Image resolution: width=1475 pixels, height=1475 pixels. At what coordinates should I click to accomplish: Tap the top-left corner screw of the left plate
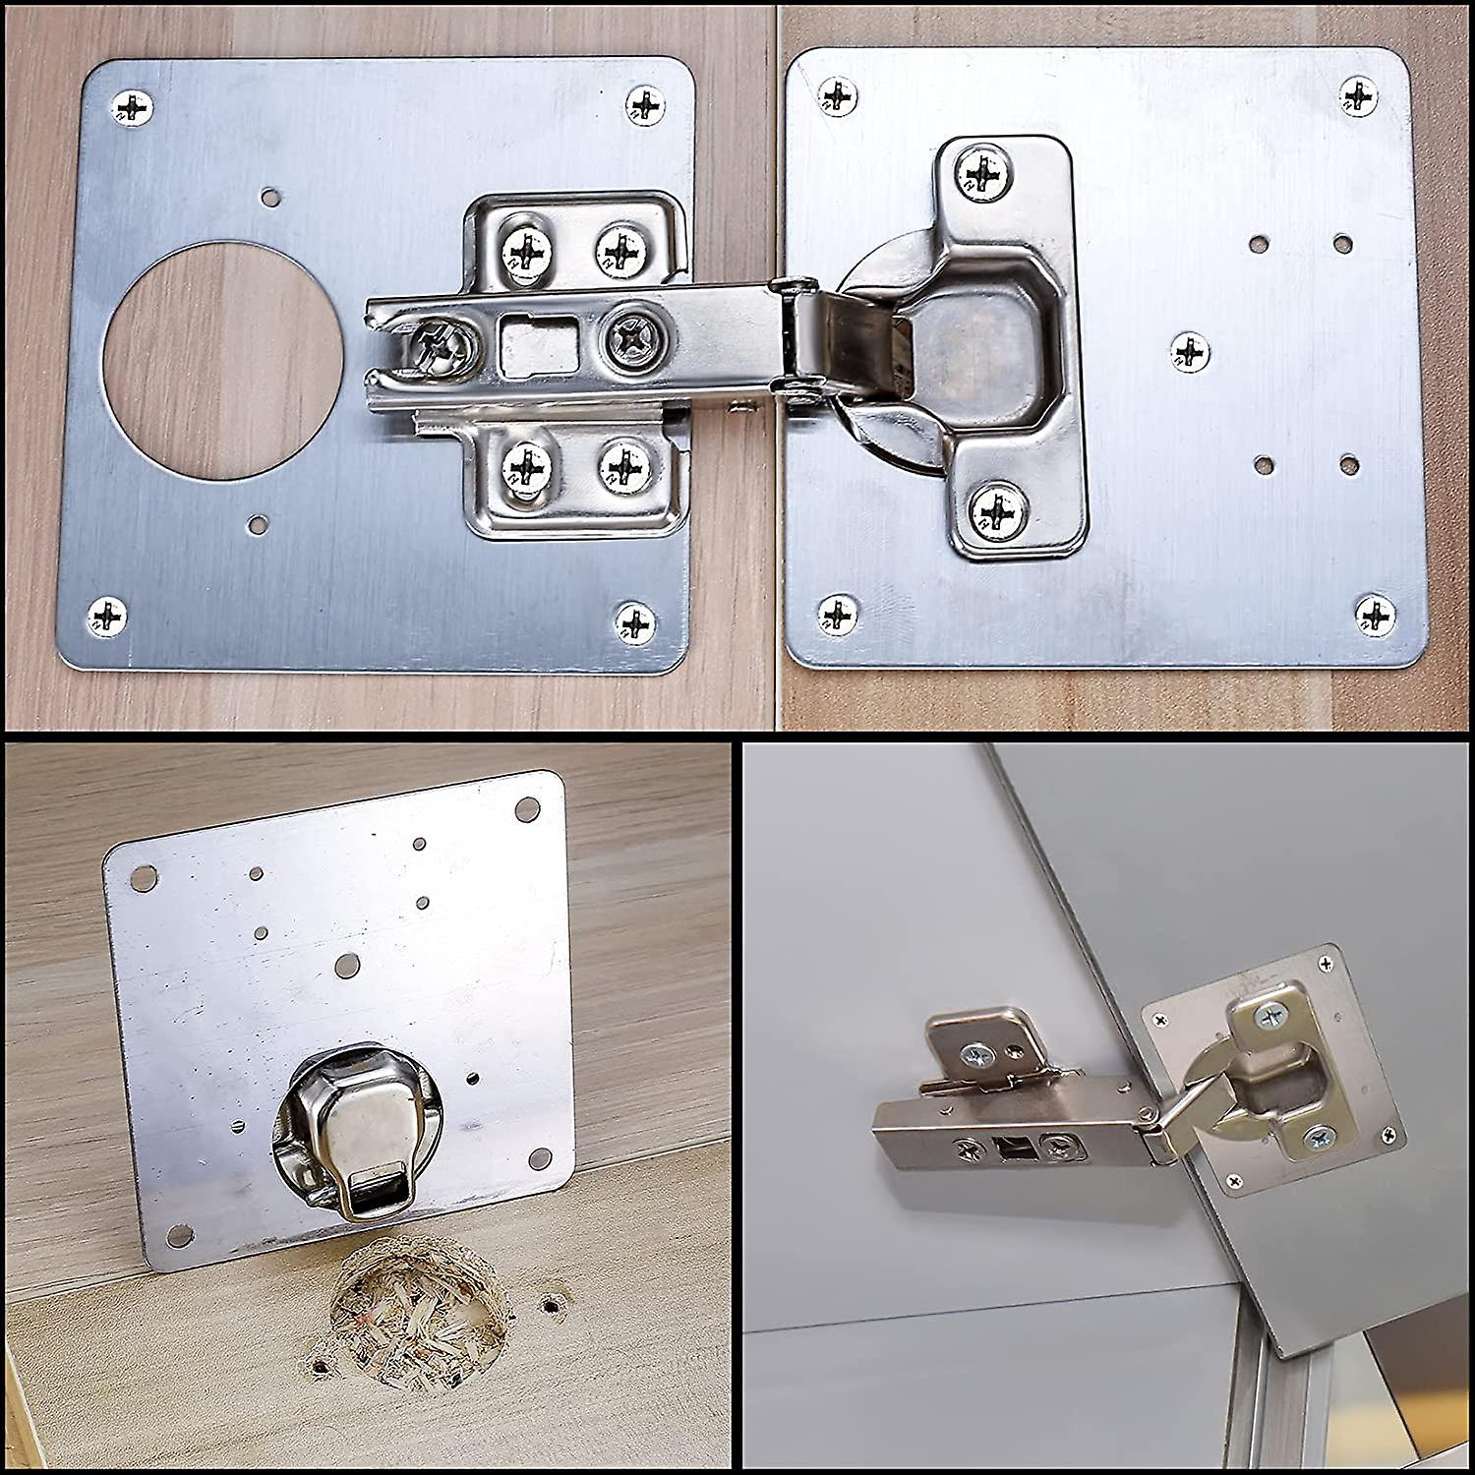click(x=134, y=106)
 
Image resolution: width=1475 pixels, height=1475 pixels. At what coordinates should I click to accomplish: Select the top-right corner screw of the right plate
click(x=1358, y=96)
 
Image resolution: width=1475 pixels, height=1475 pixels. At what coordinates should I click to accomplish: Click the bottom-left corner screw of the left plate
click(x=107, y=617)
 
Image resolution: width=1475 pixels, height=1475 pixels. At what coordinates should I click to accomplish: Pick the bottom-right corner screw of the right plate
click(x=1375, y=615)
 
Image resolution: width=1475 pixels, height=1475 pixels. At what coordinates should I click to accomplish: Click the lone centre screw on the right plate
click(x=1190, y=351)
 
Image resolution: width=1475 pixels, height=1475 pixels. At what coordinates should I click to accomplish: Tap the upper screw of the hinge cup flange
click(x=982, y=173)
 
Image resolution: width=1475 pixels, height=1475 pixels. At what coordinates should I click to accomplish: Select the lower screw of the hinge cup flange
click(x=997, y=510)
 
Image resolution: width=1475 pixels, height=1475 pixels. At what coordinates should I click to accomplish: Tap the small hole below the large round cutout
click(x=258, y=524)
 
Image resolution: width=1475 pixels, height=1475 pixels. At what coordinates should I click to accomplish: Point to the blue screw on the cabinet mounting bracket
click(x=979, y=1056)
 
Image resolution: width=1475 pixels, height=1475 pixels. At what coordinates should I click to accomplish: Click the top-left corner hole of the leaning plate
click(x=146, y=875)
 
